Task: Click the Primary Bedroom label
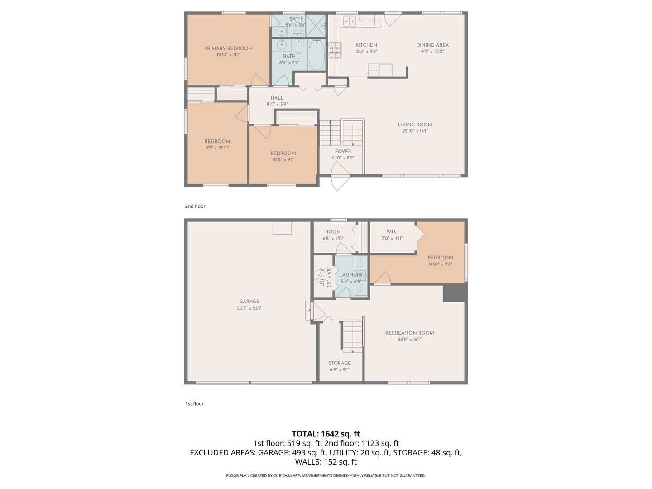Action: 228,48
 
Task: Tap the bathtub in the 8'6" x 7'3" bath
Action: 316,55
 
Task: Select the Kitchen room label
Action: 366,45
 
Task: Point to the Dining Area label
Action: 432,45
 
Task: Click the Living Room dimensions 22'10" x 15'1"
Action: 415,131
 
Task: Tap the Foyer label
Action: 343,151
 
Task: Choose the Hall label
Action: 277,98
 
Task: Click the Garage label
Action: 249,302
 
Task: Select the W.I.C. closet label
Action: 392,231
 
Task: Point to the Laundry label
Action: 351,275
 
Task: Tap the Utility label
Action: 322,277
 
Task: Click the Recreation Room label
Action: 409,333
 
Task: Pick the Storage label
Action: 339,363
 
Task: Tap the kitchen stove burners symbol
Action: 335,50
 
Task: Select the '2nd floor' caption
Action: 195,206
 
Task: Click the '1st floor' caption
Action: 194,404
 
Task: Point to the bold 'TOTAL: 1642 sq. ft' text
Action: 326,434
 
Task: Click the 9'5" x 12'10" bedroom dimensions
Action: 217,148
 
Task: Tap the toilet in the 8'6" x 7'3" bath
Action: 299,48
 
